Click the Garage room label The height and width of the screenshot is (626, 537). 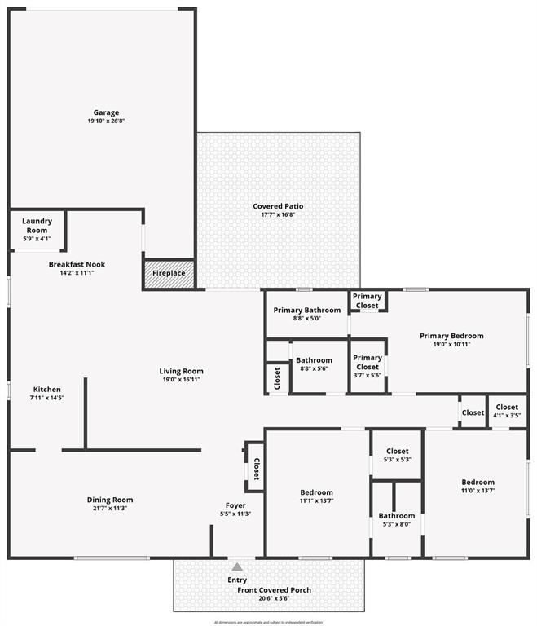106,112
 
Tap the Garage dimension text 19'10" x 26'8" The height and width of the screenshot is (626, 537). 106,121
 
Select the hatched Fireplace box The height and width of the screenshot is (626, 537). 169,274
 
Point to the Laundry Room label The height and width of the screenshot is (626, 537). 37,225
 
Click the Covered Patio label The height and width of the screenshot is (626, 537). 278,206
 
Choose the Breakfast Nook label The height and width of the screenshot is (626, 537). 77,264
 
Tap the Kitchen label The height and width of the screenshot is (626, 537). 46,389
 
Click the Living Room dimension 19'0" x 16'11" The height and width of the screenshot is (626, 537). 181,379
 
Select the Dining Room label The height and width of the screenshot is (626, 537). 110,500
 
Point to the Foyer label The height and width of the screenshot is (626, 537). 235,505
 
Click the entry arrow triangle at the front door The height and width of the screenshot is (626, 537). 236,566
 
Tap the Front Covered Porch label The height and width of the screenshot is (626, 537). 274,590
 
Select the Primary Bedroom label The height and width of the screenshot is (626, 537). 451,335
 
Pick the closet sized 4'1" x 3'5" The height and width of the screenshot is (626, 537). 506,411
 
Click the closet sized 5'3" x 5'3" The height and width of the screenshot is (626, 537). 397,455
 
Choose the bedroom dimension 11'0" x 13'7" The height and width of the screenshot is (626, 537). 477,491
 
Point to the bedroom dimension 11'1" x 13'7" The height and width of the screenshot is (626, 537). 316,500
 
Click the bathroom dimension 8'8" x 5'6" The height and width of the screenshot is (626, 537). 314,369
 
